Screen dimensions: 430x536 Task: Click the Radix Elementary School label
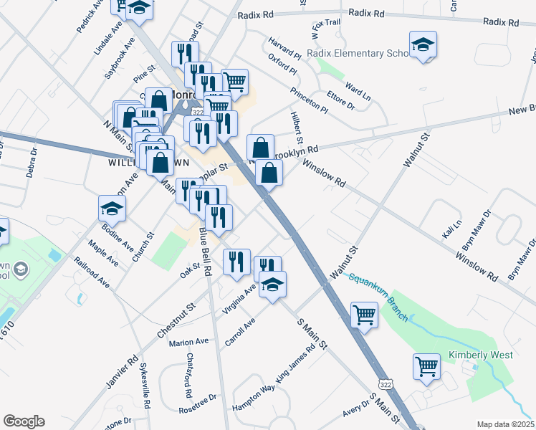click(357, 53)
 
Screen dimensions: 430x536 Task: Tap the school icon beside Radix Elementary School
click(423, 46)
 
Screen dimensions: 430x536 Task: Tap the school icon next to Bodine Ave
click(113, 209)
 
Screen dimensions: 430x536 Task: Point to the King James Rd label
click(295, 365)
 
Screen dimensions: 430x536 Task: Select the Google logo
click(24, 421)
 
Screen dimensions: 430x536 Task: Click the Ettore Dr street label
click(341, 97)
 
